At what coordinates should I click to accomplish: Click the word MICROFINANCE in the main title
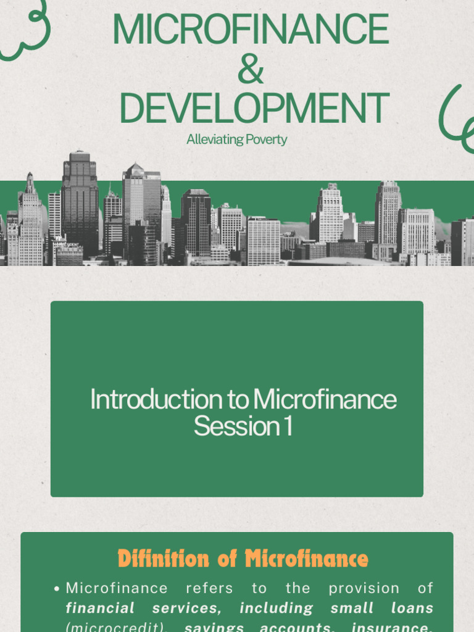point(251,30)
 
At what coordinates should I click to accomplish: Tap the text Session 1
point(243,426)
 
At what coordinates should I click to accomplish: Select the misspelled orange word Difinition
point(164,559)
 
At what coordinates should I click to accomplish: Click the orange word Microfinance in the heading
point(307,559)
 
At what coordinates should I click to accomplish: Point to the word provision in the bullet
point(364,588)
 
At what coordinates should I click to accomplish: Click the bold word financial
point(100,608)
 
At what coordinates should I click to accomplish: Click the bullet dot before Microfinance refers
point(57,589)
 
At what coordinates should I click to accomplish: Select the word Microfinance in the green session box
point(325,400)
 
